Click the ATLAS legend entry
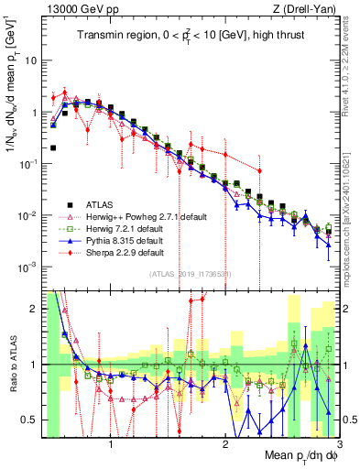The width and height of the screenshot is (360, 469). point(97,203)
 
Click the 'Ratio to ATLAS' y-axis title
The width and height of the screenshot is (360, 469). point(11,364)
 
